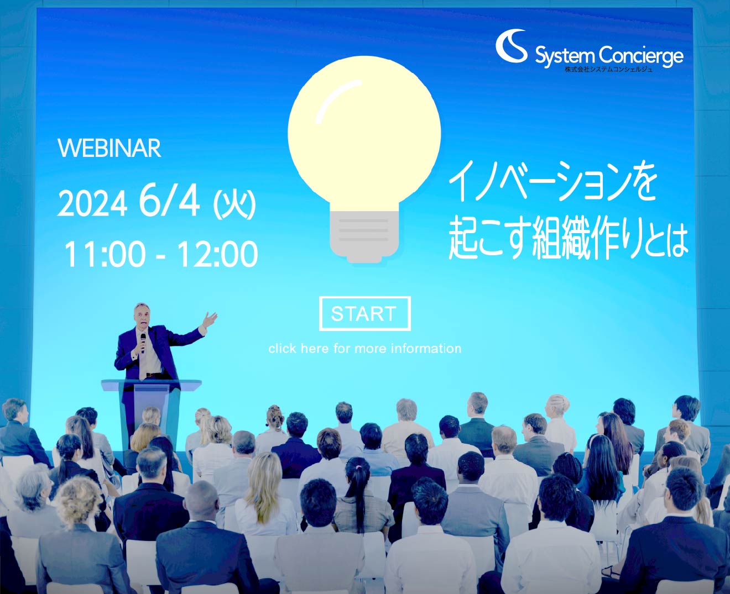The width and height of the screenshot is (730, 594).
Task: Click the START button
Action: [x=364, y=314]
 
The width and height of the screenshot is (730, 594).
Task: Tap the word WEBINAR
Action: [x=109, y=148]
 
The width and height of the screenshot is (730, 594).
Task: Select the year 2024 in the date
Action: [x=92, y=204]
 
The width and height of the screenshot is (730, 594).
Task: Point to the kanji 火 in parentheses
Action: [x=234, y=204]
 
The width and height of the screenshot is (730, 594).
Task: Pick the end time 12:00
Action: [x=217, y=254]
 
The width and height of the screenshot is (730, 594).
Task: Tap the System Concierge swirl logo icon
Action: [x=512, y=46]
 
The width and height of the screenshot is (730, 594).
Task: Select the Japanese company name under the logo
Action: [x=609, y=69]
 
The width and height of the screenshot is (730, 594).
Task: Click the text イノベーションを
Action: [x=552, y=185]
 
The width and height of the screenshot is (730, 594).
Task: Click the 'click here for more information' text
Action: [x=364, y=349]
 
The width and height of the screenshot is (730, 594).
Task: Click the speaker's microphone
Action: [x=143, y=343]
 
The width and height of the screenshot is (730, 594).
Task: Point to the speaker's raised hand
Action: [x=210, y=320]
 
